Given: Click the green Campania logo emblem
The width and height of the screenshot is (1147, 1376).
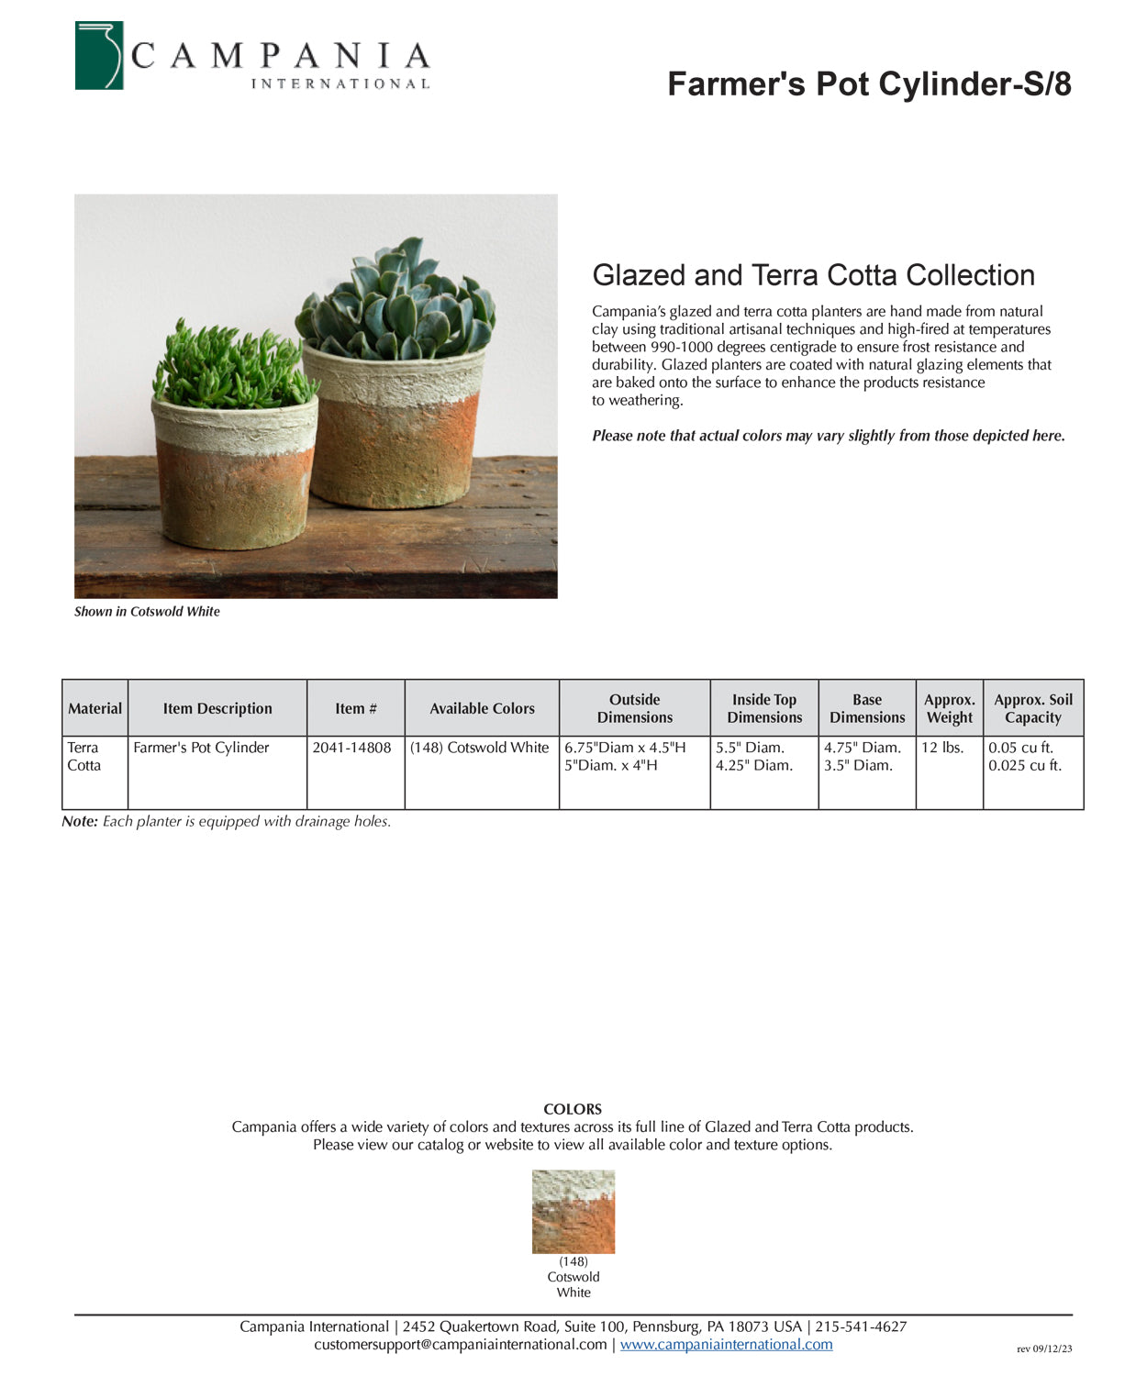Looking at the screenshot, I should pos(99,56).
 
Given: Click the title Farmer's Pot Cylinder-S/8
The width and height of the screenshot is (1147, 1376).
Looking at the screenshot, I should pos(869,83).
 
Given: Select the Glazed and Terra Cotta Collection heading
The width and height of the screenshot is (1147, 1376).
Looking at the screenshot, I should pos(813,275).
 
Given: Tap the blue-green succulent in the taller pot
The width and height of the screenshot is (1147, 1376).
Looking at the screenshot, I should pos(397,302).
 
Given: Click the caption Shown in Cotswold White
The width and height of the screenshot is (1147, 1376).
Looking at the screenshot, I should pos(147,612).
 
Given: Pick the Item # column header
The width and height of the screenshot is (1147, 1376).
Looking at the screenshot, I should pos(355,708).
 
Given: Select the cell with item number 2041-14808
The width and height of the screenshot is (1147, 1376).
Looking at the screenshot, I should pos(351,748).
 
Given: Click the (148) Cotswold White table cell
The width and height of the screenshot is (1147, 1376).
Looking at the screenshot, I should pos(479,748).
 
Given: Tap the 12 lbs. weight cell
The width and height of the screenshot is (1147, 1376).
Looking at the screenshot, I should pos(942,748).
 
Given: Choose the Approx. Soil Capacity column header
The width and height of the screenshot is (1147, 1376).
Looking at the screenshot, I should pos(1032,708).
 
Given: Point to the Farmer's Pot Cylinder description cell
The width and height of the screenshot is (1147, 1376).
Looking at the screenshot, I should pos(201,748).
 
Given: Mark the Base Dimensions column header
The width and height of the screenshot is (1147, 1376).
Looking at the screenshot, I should pos(866,708).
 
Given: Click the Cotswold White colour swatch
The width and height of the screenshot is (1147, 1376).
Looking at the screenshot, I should pos(573,1211).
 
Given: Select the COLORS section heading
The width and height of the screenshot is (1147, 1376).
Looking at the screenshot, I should pos(573,1109).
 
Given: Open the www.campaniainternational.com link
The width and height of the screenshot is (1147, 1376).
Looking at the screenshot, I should pos(726,1344).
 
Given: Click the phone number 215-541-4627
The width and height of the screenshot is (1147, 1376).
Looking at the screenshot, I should pos(861,1326).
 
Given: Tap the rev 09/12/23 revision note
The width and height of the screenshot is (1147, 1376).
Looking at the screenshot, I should pos(1044,1348).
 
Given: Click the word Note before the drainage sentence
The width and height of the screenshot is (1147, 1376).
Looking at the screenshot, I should pos(79,821).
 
